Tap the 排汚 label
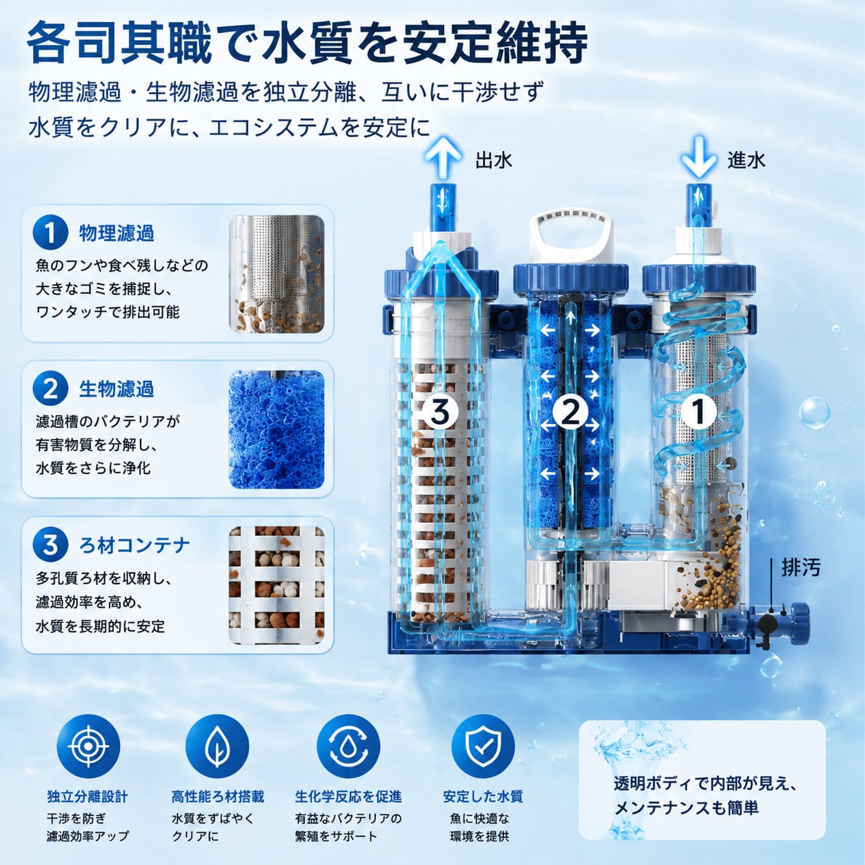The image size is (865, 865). (x=801, y=568)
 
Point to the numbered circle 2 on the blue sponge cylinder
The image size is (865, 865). (x=570, y=411)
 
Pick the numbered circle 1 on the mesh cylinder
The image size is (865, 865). (x=698, y=411)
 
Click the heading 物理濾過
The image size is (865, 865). (x=117, y=233)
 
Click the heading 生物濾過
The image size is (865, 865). (x=117, y=389)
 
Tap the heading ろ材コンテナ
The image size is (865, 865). (x=135, y=546)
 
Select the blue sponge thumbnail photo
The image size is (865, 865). (x=277, y=430)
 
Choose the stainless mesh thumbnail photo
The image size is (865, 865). (x=277, y=275)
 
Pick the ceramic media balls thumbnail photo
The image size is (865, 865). (x=277, y=586)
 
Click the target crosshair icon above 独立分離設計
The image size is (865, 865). (x=88, y=746)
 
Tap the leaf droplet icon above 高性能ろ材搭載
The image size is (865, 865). (x=217, y=746)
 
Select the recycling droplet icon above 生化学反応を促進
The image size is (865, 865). (x=348, y=746)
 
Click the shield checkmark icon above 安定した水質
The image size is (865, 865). (x=483, y=746)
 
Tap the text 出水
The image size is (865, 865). (x=494, y=160)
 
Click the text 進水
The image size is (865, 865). (x=746, y=160)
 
